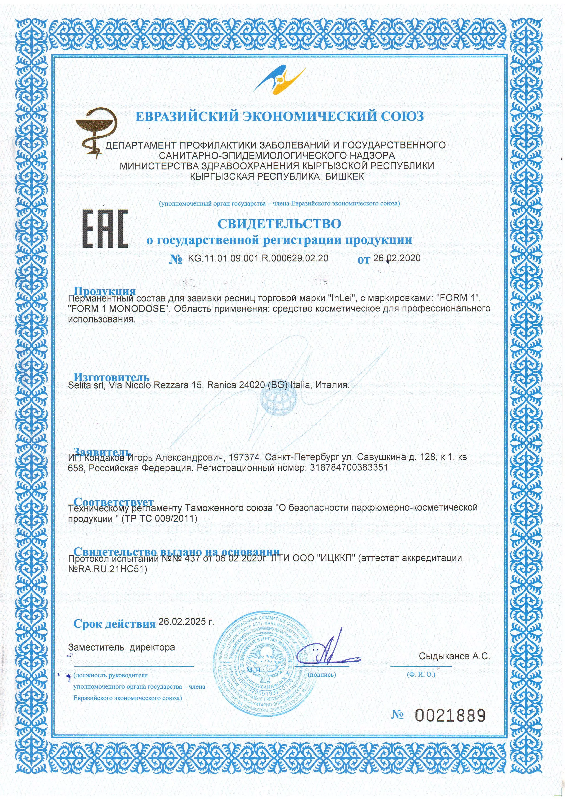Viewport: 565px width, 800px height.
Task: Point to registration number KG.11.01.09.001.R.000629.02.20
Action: (x=258, y=258)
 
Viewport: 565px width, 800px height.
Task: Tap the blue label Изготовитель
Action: (x=111, y=377)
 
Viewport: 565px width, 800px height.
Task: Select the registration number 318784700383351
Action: (x=348, y=467)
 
